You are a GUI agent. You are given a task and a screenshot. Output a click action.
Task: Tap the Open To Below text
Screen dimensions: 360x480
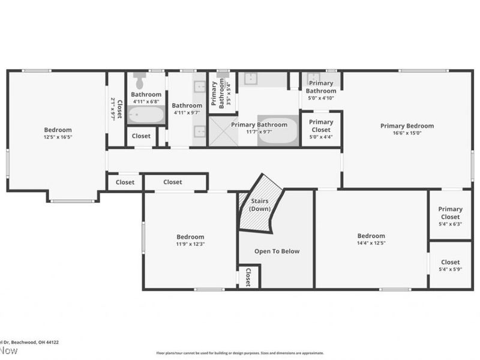coord(277,251)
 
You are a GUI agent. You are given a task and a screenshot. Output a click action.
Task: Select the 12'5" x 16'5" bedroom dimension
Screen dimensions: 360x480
coord(58,137)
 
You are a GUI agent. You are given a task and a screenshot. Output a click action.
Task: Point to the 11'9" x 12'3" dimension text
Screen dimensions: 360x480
coord(190,244)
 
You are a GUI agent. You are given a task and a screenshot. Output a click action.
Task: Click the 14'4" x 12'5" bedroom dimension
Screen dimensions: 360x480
coord(371,243)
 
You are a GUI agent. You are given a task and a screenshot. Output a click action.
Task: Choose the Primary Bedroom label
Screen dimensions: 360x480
coord(407,126)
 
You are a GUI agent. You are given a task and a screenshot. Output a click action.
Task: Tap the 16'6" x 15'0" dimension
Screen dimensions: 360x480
coord(407,133)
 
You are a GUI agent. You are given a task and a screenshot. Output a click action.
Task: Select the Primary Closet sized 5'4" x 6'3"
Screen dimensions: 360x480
coord(450,213)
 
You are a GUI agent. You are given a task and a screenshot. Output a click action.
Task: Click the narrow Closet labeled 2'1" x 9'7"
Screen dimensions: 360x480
coord(115,109)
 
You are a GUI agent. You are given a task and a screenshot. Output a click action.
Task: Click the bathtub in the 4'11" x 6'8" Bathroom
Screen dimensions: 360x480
coord(146,114)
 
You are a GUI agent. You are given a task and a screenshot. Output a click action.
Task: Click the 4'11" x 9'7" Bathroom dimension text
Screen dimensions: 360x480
coord(187,113)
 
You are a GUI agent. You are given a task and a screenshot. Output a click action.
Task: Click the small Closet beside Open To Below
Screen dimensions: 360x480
coord(248,277)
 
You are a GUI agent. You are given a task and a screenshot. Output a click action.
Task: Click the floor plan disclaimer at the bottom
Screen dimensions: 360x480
coord(239,353)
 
